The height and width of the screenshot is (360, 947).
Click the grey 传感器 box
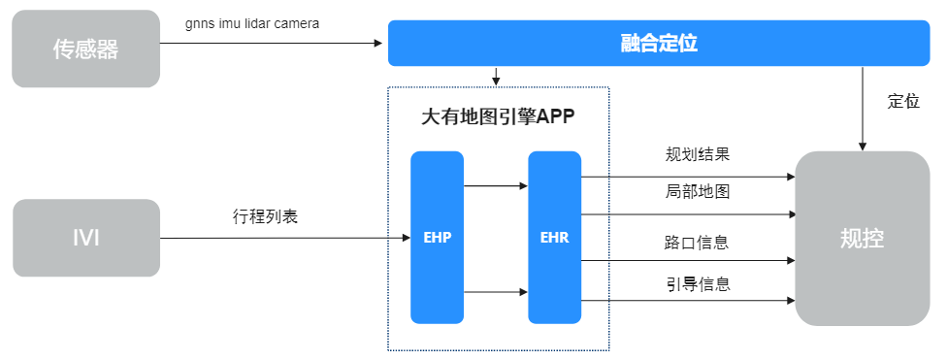(85, 49)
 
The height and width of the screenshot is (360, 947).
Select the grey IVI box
(85, 238)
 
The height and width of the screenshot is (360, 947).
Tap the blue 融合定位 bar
(659, 44)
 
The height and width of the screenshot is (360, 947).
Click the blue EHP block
(437, 238)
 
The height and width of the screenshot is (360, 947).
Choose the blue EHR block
(554, 238)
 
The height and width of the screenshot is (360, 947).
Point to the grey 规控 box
(862, 239)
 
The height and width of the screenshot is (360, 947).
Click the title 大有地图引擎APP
(498, 117)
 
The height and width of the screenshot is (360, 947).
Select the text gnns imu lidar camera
(252, 22)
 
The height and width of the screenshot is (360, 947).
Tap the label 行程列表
(265, 216)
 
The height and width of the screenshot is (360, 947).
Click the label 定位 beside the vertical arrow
(903, 101)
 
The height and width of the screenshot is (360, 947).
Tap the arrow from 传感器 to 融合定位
(272, 42)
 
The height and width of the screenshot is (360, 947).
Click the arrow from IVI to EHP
(281, 238)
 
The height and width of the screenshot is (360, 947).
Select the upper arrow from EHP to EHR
(496, 185)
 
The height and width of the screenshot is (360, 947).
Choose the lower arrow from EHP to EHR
(496, 291)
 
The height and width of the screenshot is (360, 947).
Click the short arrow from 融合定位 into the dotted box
(496, 76)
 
